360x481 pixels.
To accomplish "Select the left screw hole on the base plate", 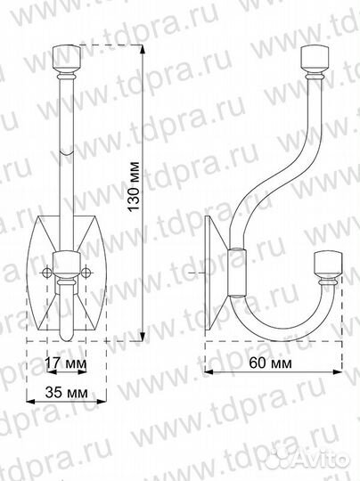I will click(46, 272).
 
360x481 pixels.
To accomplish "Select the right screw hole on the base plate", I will click(86, 272).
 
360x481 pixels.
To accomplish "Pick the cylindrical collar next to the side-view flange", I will click(235, 272).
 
